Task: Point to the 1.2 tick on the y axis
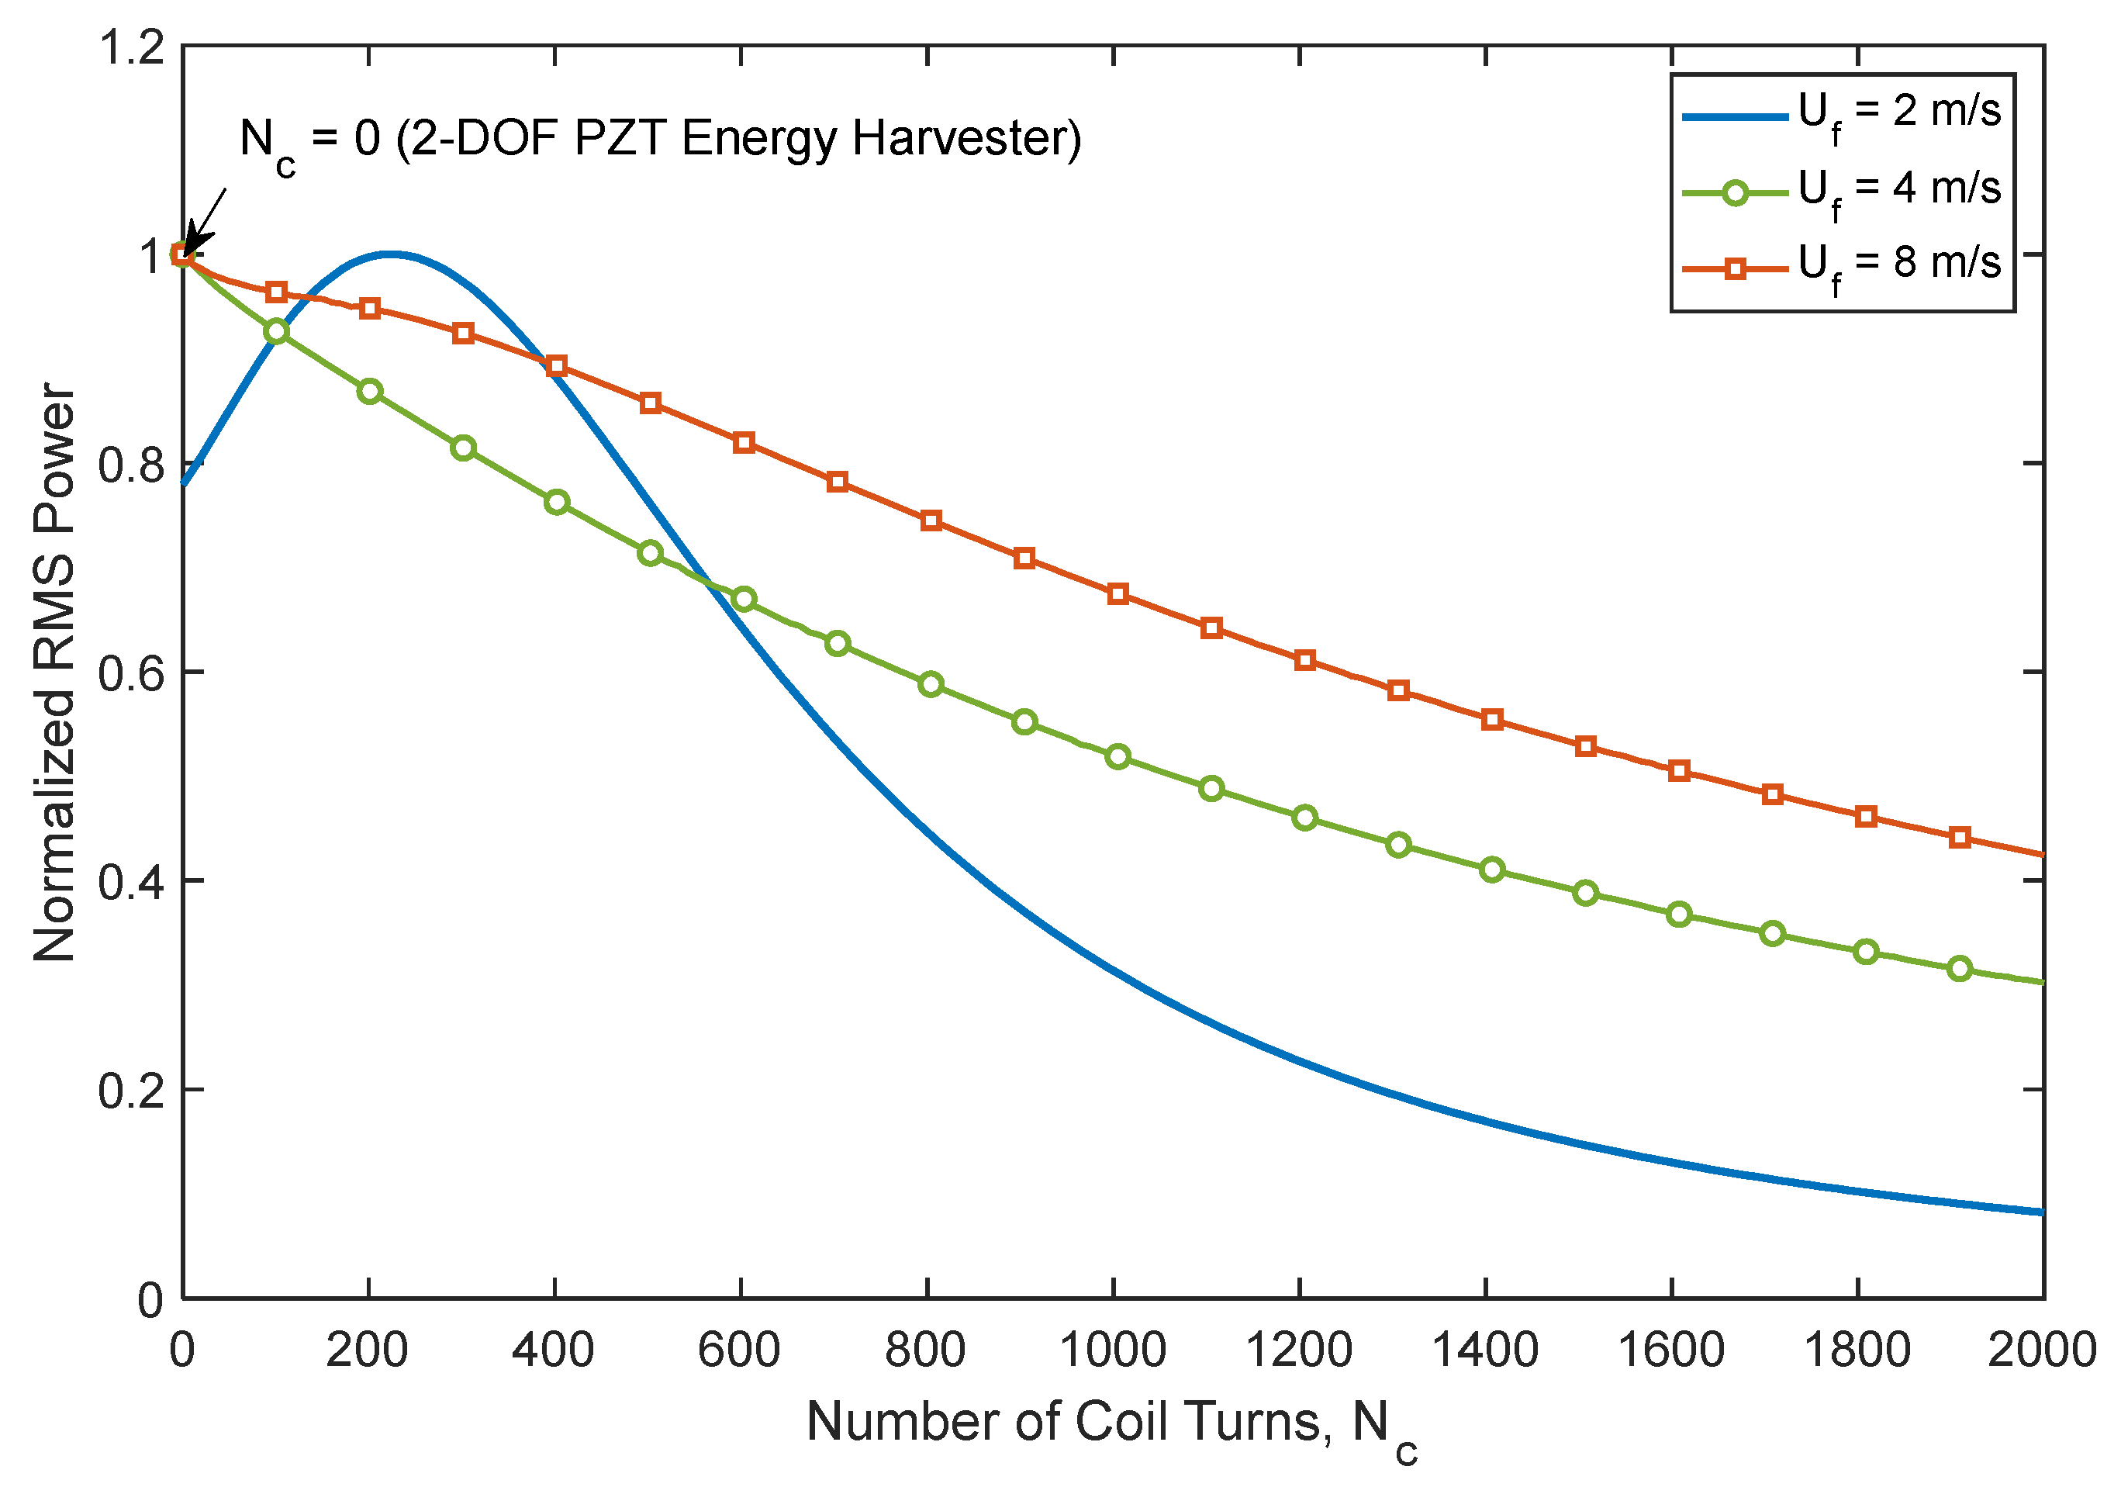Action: click(131, 47)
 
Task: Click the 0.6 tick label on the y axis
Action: click(131, 673)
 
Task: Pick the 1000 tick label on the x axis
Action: click(1112, 1350)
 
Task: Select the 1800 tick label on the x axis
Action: click(1857, 1350)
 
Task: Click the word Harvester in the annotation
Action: click(966, 139)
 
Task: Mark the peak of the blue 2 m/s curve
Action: click(392, 253)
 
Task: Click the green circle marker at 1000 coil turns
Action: click(1117, 757)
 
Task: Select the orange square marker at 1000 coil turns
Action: click(1117, 593)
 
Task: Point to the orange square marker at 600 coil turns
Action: click(744, 443)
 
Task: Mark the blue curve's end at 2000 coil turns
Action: click(2040, 1212)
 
